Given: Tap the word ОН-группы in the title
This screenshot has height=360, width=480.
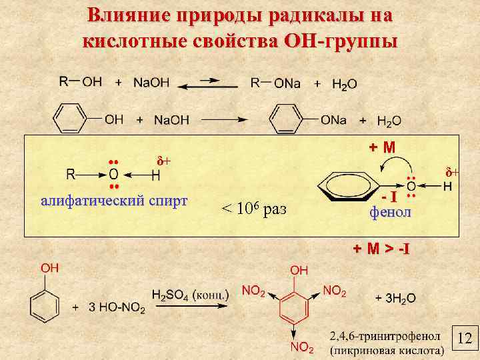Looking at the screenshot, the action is click(341, 41).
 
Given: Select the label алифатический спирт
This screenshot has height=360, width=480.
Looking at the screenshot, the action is click(114, 201).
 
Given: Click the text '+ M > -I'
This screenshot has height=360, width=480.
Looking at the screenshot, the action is click(381, 249).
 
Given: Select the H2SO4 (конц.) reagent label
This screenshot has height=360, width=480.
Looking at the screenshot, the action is click(191, 295).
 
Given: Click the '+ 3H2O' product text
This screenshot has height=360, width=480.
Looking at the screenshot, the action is click(395, 298).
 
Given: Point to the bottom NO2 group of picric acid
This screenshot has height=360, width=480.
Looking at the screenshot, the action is click(301, 347).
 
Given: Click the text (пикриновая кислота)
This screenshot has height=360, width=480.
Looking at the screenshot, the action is click(387, 349).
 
